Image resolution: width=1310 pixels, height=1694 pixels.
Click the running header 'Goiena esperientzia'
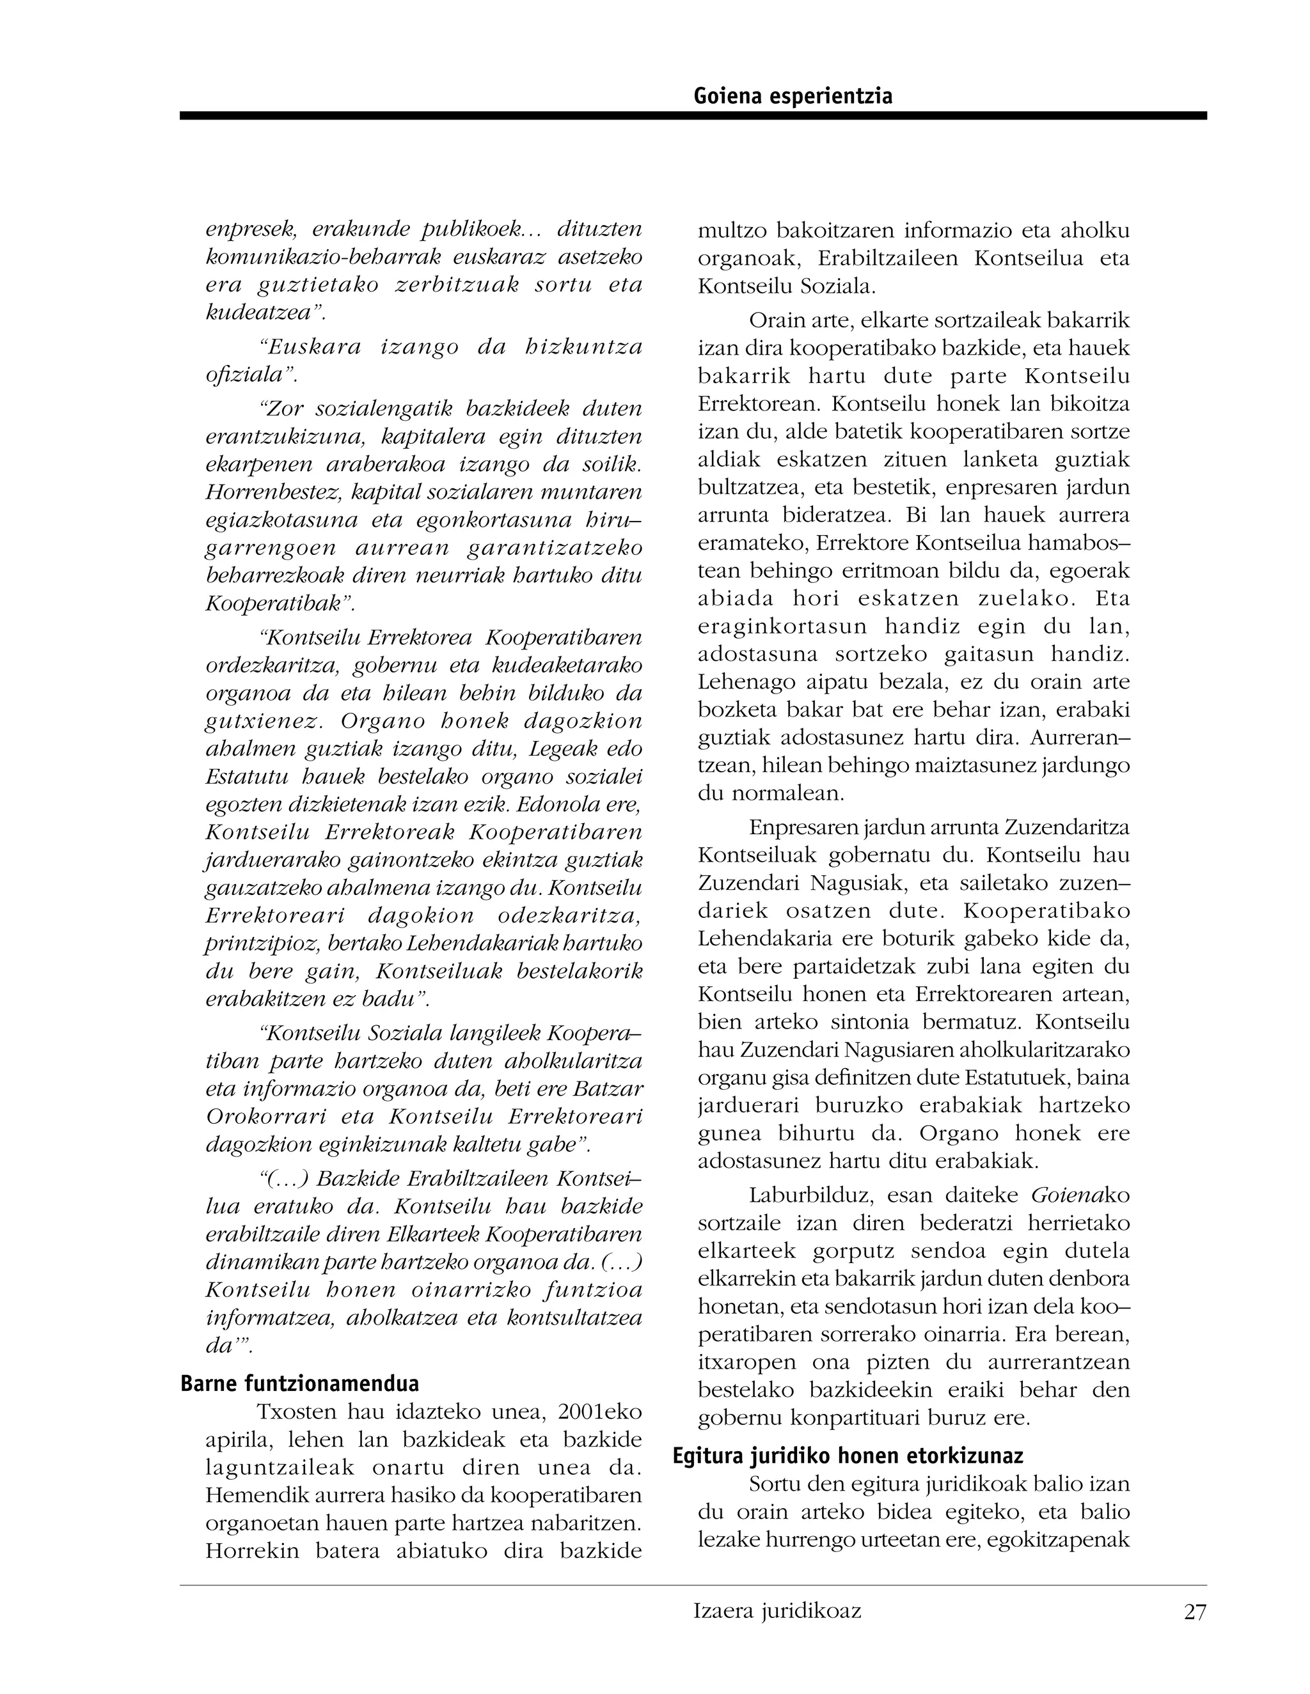pos(793,96)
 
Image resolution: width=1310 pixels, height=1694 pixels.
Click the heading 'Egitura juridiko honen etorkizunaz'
pos(848,1456)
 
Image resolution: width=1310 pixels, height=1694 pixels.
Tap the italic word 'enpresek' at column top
pos(250,230)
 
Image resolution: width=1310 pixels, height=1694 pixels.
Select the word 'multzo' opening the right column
pos(732,230)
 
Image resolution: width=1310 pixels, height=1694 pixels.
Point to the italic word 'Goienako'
pos(1080,1195)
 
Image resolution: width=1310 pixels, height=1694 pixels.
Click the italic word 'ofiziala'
pos(248,375)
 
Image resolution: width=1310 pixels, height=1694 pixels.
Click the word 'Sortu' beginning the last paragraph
pos(776,1484)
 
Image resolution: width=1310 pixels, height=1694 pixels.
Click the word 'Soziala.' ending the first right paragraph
pos(841,286)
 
